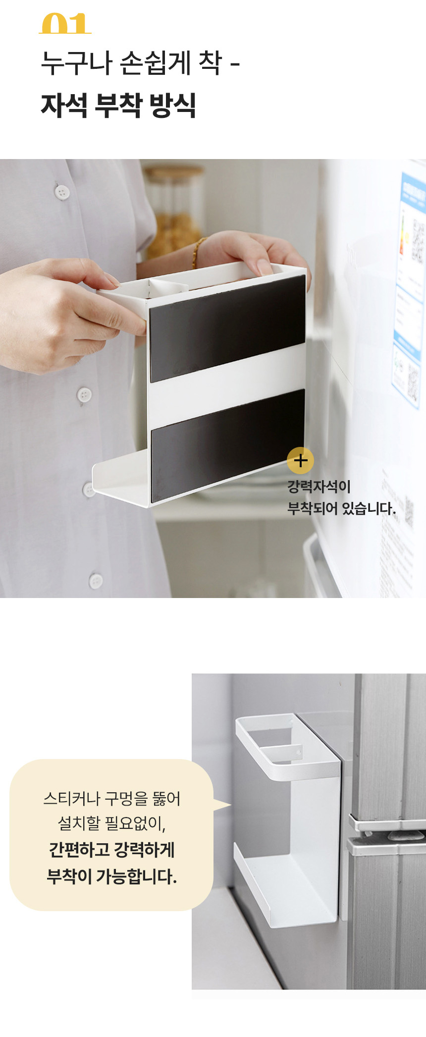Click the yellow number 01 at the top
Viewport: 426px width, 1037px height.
click(65, 24)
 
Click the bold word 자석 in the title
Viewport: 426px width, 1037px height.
click(64, 105)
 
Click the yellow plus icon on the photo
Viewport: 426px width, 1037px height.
click(300, 460)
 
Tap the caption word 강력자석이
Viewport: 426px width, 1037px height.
click(319, 487)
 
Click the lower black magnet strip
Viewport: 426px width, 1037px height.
click(227, 443)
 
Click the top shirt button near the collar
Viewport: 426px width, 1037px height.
click(62, 192)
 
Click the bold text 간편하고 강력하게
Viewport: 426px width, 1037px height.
click(111, 850)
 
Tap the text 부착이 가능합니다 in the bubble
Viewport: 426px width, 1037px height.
click(111, 876)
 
